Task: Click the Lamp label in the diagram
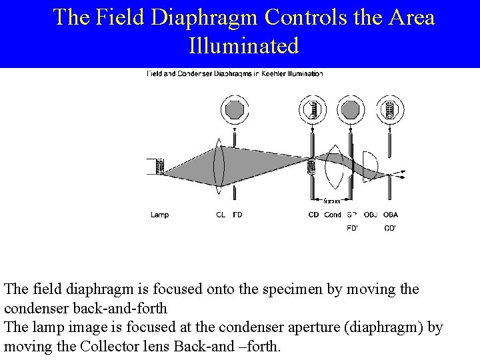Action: click(159, 215)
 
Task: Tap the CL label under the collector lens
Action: click(221, 215)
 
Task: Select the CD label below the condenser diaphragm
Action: click(313, 215)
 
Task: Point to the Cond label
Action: click(333, 215)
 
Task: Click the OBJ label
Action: click(371, 215)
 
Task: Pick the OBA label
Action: click(391, 215)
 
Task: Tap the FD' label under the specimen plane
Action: click(353, 228)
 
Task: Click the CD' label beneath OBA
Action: click(391, 228)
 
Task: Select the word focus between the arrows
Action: click(331, 201)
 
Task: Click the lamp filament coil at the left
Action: click(160, 166)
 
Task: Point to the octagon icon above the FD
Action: click(235, 109)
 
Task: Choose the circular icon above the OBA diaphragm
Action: click(389, 109)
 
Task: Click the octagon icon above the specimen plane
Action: click(351, 109)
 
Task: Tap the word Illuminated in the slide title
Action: click(244, 46)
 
